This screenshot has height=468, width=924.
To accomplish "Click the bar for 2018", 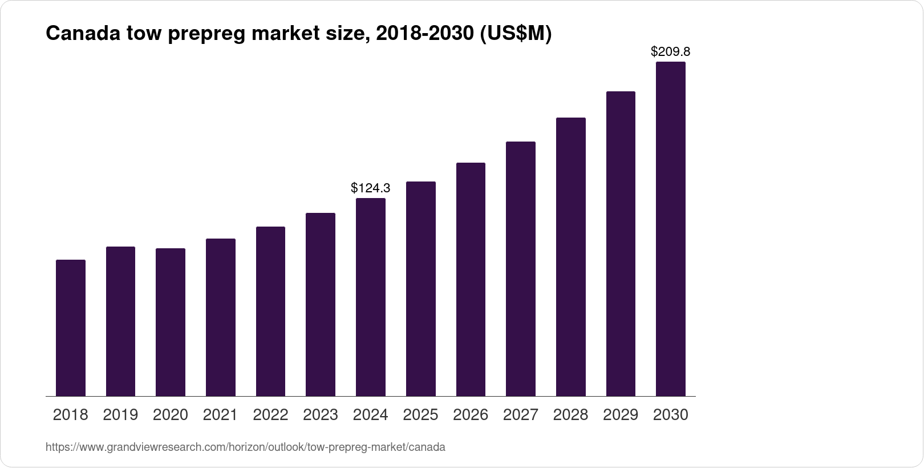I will [71, 328].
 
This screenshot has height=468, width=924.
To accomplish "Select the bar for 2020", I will [171, 322].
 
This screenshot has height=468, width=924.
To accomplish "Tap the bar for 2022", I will [270, 312].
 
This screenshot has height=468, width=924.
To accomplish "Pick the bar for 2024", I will [370, 297].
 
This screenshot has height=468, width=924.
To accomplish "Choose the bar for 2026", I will [471, 280].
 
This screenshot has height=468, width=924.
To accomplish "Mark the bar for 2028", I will [570, 257].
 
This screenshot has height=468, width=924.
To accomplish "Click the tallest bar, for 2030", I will [670, 229].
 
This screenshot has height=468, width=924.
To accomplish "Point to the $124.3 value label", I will [370, 187].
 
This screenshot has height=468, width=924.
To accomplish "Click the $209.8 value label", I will [670, 51].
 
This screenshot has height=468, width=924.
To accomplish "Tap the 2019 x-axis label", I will [120, 415].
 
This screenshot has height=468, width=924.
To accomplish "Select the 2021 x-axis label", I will [220, 415].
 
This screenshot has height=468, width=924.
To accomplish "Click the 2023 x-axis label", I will [321, 415].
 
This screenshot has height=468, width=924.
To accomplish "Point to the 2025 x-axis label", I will [420, 415].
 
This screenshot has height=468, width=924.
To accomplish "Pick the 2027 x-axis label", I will [520, 415].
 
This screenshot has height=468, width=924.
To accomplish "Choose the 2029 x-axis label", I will [621, 415].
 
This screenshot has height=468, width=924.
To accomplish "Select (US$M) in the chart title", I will [515, 34].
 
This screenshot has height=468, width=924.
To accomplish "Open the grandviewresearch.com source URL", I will [245, 447].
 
